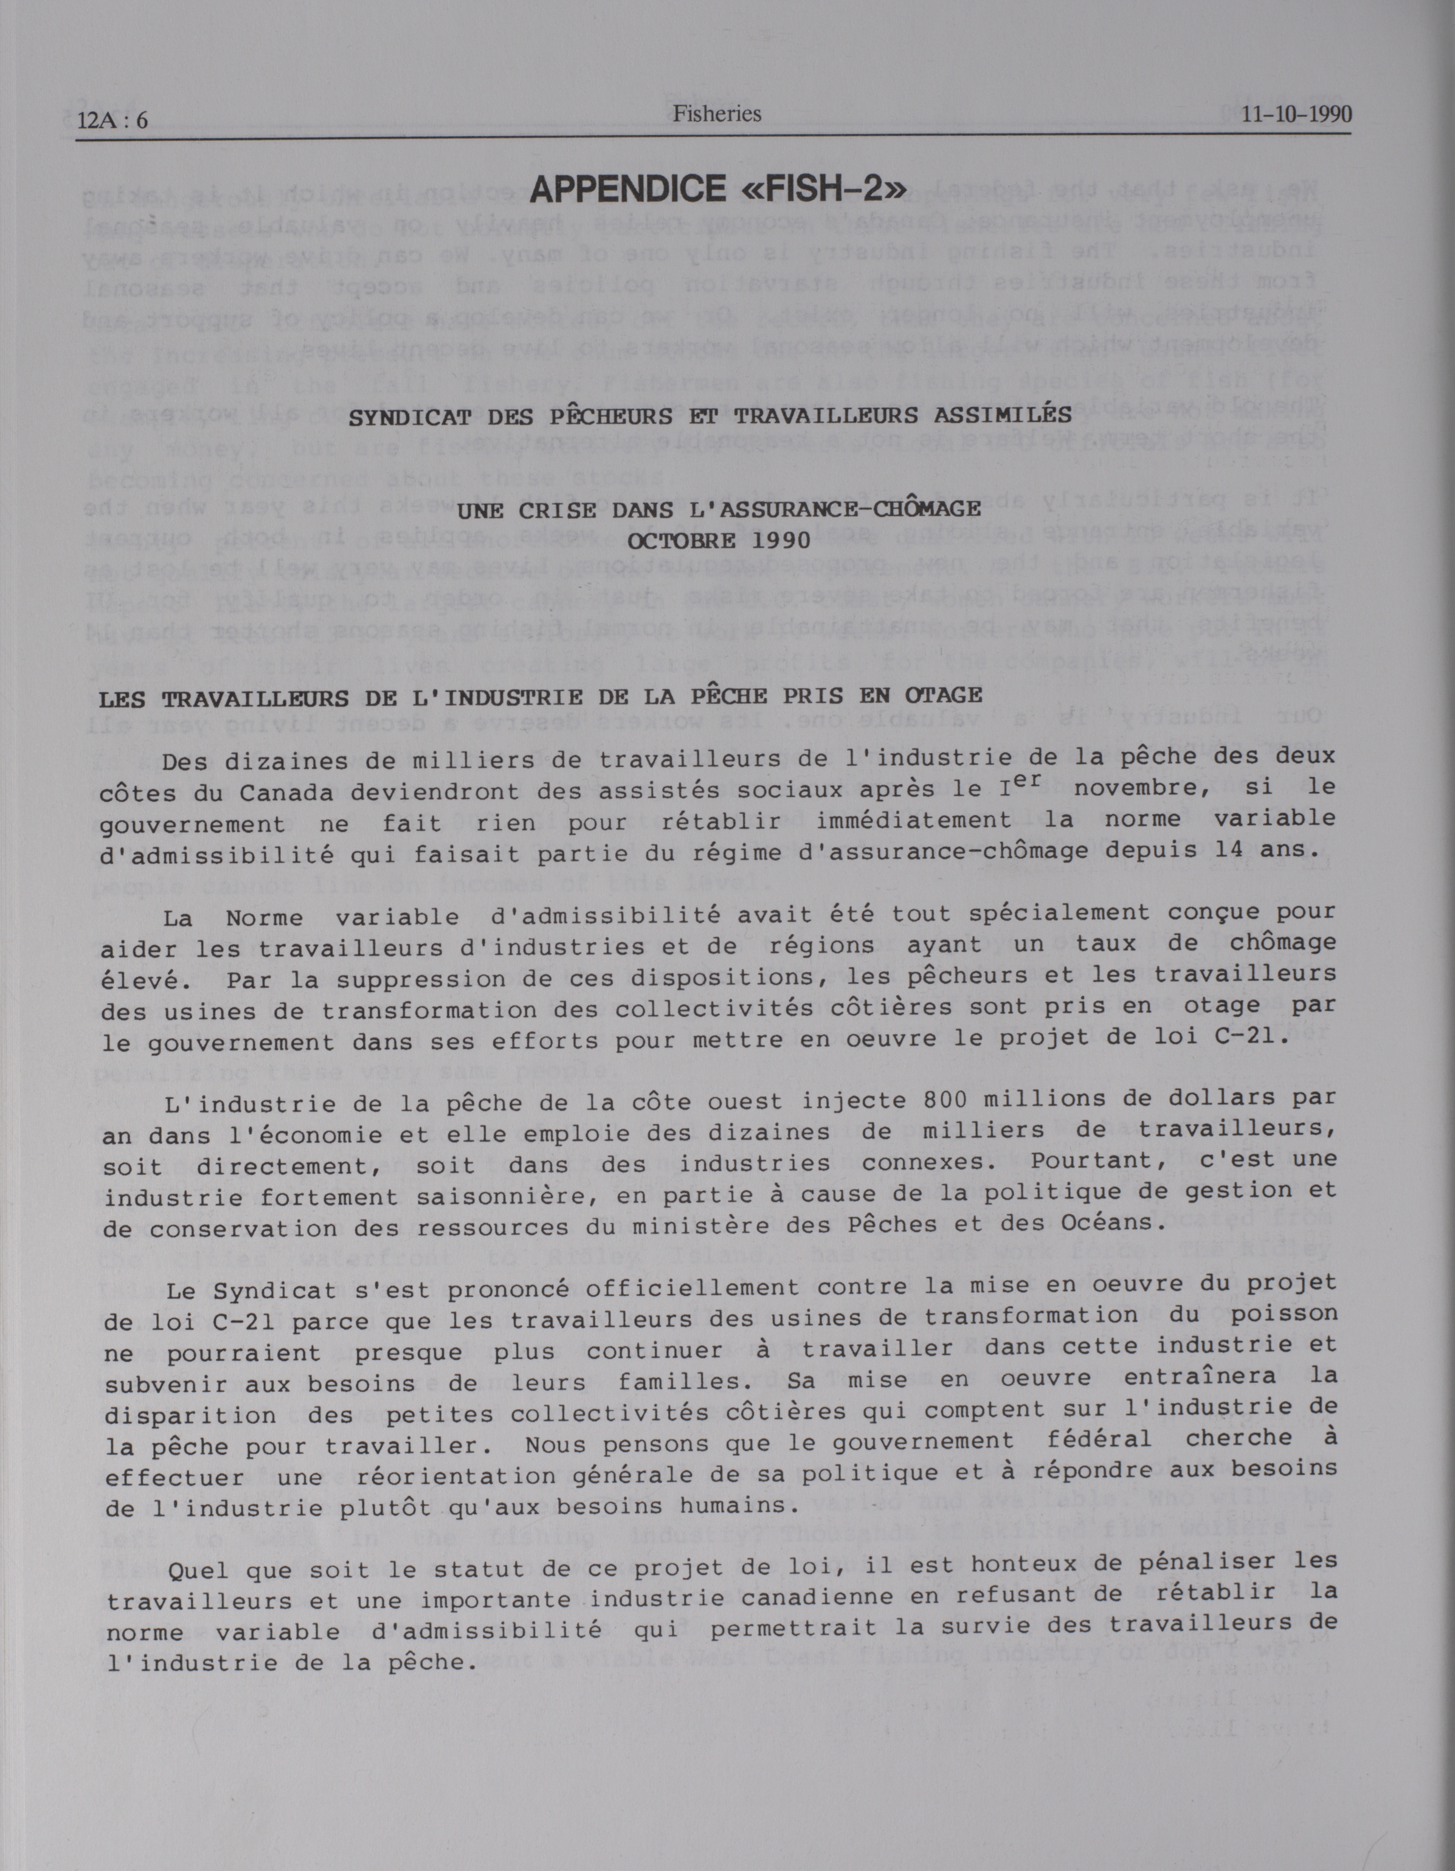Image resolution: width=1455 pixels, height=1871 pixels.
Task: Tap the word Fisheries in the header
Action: [716, 113]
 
